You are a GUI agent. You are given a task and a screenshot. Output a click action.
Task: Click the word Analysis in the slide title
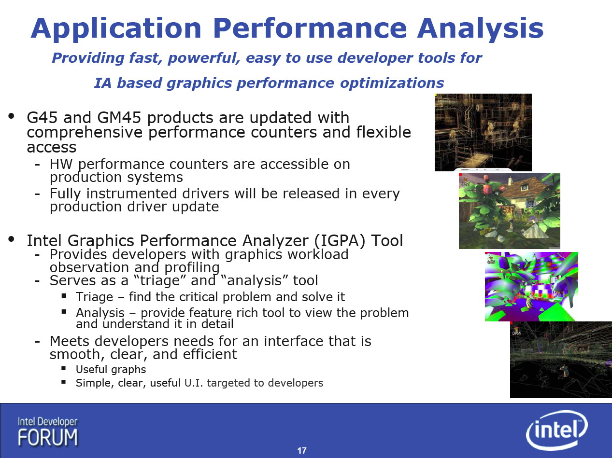480,28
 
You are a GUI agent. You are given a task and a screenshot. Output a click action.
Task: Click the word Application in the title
116,28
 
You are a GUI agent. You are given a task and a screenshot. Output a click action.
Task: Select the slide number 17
302,450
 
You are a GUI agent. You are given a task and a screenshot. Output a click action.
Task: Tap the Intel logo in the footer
557,430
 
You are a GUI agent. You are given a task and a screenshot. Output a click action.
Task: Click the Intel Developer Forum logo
48,432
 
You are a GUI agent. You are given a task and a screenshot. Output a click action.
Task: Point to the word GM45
119,118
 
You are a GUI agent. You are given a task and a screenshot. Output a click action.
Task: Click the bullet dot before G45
12,116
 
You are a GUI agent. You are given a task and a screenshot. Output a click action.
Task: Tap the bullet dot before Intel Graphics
12,239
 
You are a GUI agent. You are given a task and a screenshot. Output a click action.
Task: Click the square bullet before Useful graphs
64,369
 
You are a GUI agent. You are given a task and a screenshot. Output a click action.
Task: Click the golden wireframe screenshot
483,132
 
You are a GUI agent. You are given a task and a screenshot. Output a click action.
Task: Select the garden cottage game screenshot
510,210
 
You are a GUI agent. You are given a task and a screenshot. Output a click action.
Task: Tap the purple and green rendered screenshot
531,286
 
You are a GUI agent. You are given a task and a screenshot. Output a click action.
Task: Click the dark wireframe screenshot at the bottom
561,360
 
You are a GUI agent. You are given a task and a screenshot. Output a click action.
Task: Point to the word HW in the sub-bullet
61,164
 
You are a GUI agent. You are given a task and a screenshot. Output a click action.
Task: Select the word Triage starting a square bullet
95,297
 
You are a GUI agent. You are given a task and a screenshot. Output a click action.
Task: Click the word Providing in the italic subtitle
88,58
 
